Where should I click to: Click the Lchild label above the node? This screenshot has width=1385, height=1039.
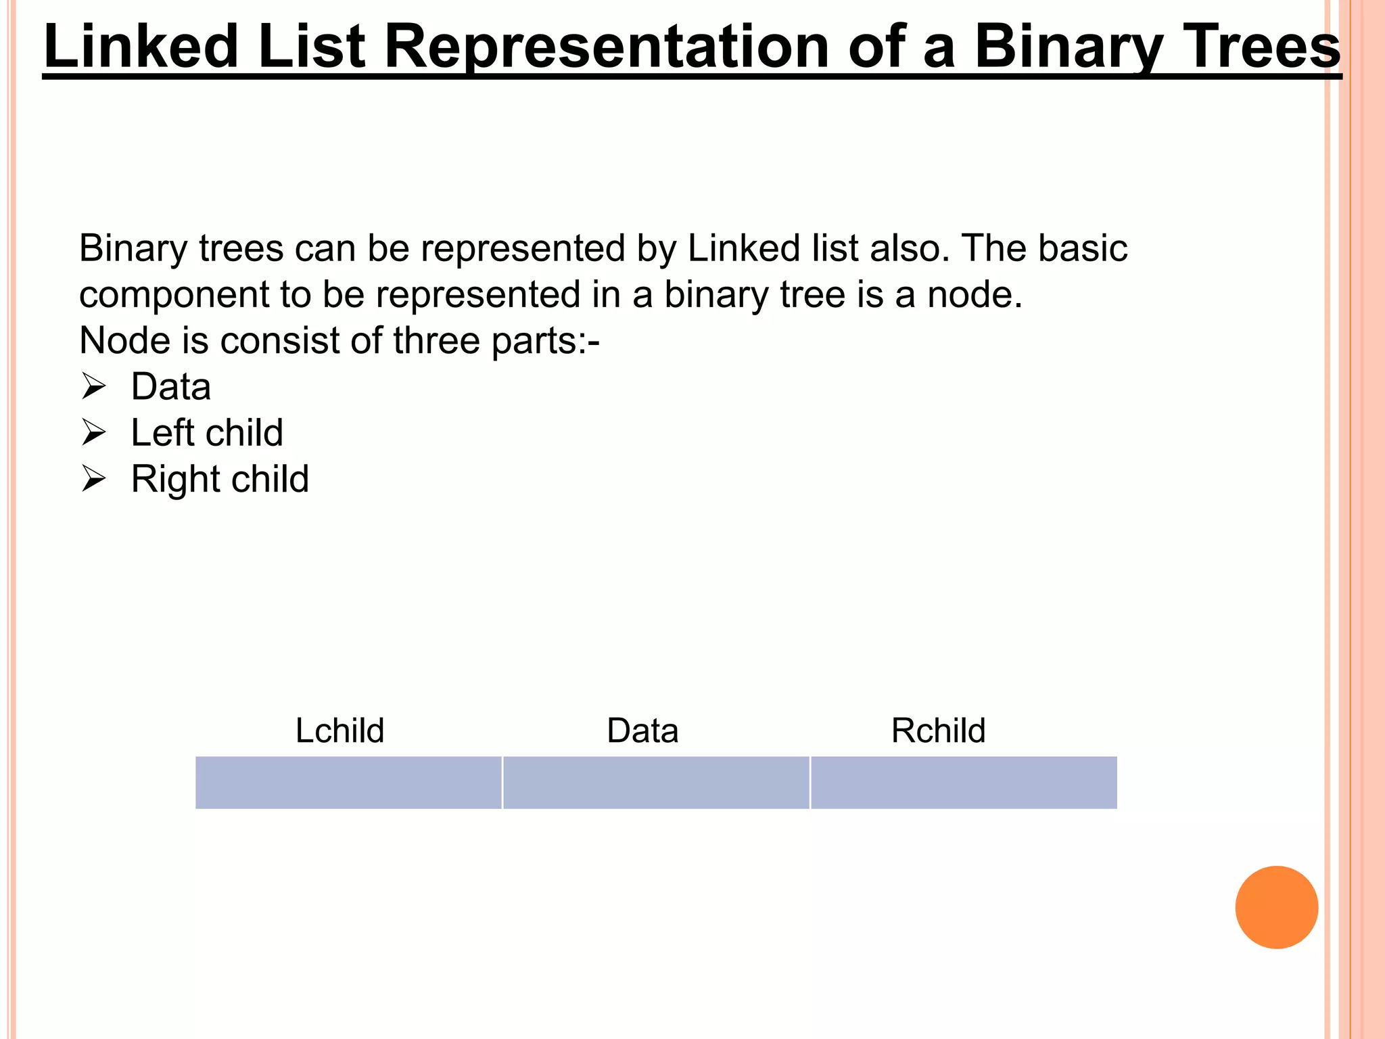click(339, 731)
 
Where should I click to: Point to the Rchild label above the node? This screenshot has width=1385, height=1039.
click(938, 731)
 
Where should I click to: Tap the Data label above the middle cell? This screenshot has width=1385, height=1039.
click(642, 731)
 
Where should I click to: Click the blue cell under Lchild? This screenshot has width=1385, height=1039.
click(348, 783)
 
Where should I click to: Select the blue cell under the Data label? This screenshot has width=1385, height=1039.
click(656, 783)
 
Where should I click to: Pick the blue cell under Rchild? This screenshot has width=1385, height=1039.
click(964, 783)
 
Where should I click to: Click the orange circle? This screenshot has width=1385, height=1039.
click(1276, 907)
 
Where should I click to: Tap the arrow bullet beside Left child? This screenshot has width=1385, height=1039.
click(93, 433)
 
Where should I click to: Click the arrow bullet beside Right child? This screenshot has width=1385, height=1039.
click(93, 479)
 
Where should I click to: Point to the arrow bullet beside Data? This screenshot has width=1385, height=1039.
click(93, 387)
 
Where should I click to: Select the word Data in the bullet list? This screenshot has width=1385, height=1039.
click(171, 387)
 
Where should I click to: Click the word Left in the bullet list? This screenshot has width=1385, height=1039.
click(162, 433)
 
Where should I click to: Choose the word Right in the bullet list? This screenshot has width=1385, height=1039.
click(172, 479)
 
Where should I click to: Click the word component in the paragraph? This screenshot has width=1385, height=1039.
click(174, 295)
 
